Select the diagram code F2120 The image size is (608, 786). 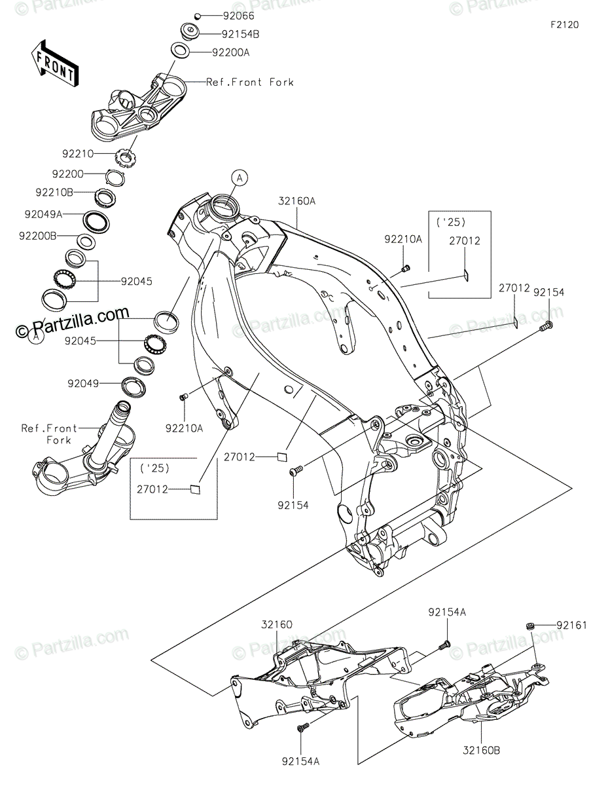click(564, 25)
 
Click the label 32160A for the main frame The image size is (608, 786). click(297, 202)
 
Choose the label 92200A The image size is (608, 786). click(231, 52)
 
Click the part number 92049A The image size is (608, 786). click(43, 214)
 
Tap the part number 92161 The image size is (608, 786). click(572, 626)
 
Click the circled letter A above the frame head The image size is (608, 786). click(240, 176)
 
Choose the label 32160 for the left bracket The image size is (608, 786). click(277, 625)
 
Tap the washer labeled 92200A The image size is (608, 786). click(178, 50)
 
